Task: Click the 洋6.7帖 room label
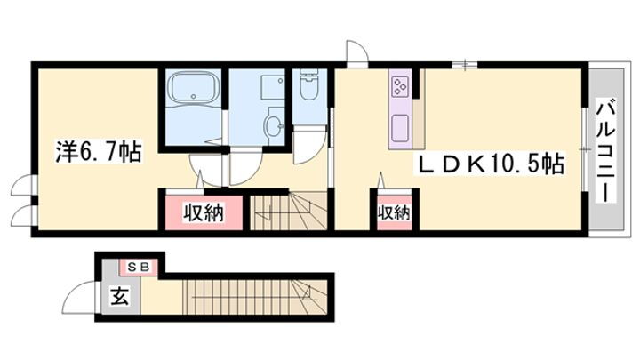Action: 87,150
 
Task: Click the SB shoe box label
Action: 141,266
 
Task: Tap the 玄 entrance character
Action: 118,296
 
